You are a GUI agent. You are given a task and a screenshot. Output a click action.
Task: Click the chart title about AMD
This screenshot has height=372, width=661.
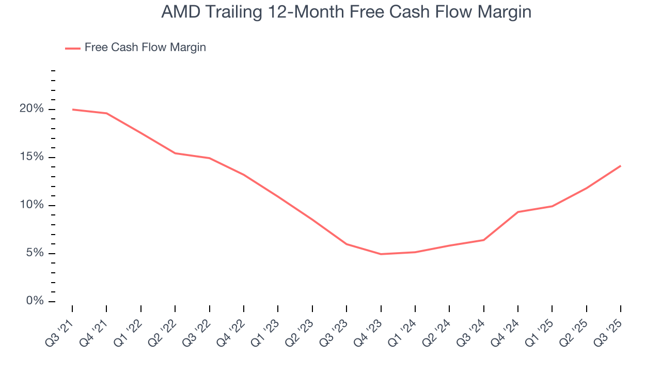(346, 12)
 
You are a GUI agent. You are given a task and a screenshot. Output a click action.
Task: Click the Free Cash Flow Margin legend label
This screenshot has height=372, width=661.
(145, 48)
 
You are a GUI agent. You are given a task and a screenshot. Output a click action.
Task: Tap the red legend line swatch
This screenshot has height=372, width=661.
(73, 48)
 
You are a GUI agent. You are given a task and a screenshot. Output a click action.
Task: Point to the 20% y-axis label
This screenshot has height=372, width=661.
(32, 109)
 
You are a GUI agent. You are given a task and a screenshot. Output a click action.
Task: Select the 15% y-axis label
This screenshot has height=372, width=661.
(32, 157)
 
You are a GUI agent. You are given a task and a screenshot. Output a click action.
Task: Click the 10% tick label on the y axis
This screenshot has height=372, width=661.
(32, 205)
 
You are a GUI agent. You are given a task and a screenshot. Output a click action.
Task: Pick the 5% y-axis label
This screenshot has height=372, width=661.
(34, 253)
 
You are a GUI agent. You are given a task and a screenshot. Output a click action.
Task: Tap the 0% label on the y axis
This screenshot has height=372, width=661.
(34, 301)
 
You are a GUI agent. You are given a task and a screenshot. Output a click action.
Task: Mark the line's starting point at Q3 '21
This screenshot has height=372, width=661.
(72, 110)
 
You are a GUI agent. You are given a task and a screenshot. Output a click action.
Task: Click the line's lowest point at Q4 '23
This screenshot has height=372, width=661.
(381, 254)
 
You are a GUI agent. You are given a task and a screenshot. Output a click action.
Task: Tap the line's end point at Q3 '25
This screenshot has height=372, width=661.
(620, 166)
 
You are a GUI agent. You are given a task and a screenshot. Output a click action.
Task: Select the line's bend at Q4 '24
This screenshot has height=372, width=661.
(517, 212)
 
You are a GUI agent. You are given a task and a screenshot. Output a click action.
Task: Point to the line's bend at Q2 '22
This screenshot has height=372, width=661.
(175, 153)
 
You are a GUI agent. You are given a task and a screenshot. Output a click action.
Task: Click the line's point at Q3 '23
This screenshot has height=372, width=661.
(347, 244)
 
